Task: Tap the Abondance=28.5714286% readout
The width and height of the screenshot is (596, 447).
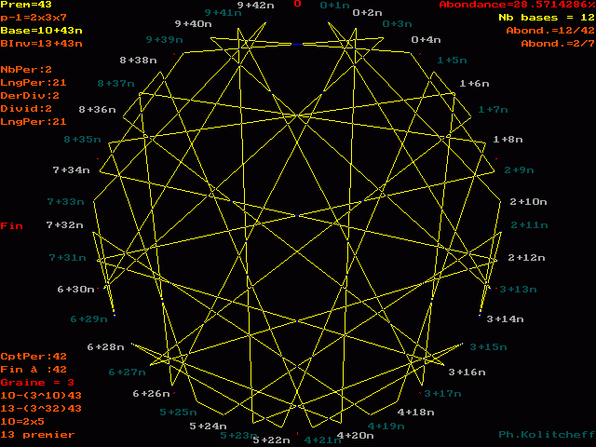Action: point(516,6)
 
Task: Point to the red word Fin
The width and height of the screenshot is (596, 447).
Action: point(11,226)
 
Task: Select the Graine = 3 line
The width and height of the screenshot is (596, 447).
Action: point(37,382)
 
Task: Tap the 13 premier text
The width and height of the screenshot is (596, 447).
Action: point(37,434)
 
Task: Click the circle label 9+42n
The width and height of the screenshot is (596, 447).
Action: point(255,6)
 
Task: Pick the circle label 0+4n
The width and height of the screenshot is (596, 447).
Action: point(426,40)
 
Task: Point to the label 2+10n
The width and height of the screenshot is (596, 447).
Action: point(528,201)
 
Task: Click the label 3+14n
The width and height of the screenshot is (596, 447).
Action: point(505,318)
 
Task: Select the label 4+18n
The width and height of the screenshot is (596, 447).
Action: point(415,412)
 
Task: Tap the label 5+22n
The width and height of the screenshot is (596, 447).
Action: point(272,440)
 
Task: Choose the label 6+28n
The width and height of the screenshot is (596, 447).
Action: point(105,346)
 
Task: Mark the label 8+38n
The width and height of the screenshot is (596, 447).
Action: point(139,61)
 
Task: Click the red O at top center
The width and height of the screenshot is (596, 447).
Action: point(297,5)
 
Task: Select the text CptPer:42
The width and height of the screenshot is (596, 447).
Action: point(34,356)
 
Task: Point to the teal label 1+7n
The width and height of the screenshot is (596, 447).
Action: point(493,109)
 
